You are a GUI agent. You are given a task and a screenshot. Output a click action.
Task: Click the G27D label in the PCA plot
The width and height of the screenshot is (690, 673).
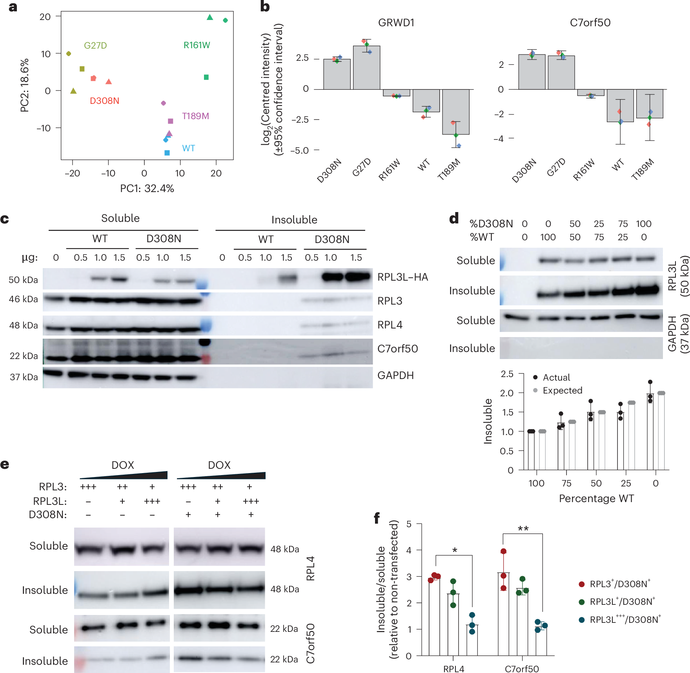pos(95,45)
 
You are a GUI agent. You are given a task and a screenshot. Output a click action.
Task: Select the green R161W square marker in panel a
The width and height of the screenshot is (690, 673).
pos(206,77)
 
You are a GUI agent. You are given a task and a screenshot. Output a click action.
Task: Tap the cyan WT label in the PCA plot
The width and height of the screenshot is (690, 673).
pos(188,148)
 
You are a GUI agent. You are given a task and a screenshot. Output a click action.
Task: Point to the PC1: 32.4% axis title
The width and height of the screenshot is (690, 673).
pos(147,189)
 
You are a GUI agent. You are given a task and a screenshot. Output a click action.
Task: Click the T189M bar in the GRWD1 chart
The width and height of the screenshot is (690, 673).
pos(455,112)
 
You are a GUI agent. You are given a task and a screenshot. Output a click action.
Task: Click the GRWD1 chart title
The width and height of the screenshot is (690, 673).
pos(396,23)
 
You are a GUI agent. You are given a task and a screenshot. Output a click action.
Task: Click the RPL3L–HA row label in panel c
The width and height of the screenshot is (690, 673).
pos(402,277)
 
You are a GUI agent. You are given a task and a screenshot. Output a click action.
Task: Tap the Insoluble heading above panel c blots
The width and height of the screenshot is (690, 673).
pos(294,219)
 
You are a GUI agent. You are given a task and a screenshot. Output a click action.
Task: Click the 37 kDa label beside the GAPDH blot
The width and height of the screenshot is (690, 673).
pos(24,377)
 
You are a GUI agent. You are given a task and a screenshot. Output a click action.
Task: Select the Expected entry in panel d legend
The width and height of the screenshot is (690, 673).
pos(562,390)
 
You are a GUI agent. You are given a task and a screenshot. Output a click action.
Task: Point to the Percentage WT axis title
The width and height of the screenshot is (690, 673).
pos(596,499)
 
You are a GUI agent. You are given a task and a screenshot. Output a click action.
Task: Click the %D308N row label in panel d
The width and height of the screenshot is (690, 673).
pos(491,224)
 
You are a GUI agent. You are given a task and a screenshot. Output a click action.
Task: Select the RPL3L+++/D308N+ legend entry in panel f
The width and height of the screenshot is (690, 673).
pos(624,619)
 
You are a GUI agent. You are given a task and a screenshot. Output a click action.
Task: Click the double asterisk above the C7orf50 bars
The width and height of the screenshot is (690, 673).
pos(523,529)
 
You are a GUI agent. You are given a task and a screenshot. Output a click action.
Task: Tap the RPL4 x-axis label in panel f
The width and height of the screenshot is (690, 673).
pos(453,669)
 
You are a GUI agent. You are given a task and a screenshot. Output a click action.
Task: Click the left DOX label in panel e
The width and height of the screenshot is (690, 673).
pos(123,465)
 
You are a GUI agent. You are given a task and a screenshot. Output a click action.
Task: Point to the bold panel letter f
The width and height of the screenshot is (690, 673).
pos(377,518)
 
